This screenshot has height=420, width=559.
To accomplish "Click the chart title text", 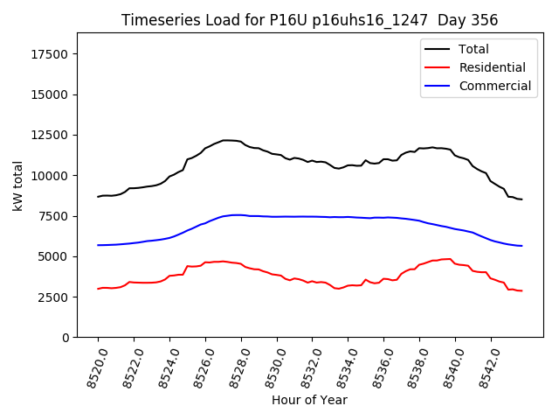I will [308, 20].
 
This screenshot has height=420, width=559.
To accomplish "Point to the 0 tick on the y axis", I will [66, 338].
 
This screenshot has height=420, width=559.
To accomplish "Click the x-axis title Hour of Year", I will [309, 401].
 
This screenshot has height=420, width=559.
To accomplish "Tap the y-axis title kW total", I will [17, 185].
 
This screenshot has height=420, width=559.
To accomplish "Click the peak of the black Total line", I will [225, 140].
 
